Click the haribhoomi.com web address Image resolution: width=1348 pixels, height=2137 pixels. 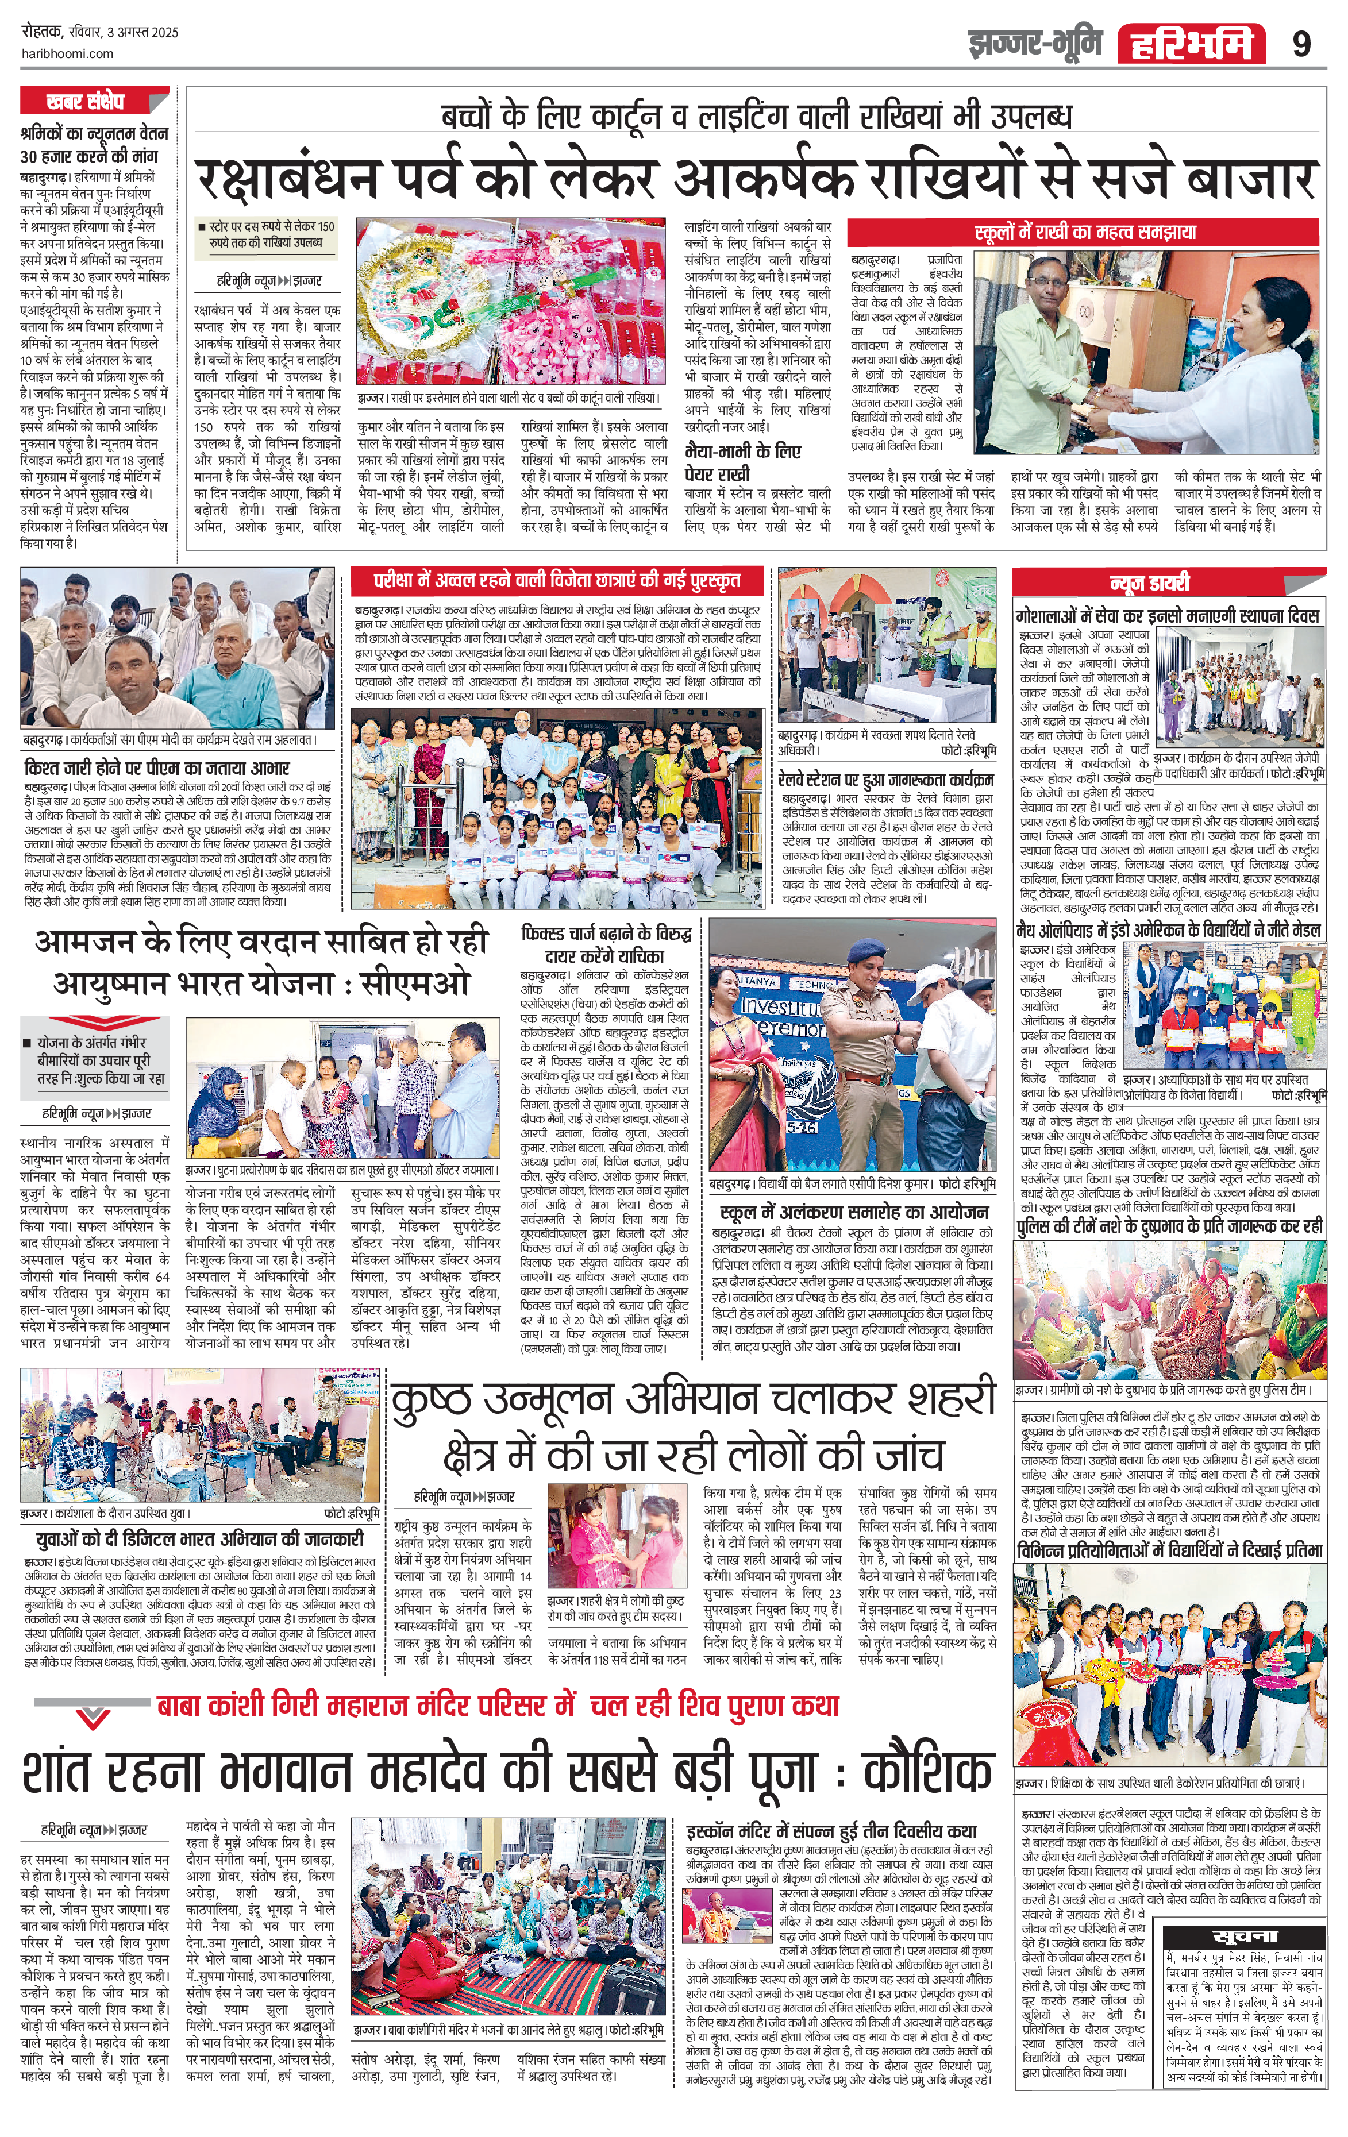coord(67,53)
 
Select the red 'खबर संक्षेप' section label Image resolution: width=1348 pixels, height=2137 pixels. coord(86,102)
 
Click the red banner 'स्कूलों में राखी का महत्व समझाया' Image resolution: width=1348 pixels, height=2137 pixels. coord(1085,233)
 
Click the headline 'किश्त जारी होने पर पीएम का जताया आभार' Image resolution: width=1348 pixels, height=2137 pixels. coord(156,767)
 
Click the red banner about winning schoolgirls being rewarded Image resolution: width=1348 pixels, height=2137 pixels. coord(556,581)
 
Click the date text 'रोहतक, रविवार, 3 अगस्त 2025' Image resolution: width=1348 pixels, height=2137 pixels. coord(99,33)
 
